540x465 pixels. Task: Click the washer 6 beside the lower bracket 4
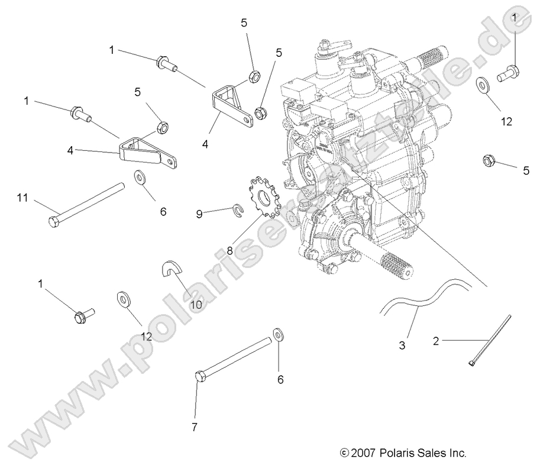pos(141,177)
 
